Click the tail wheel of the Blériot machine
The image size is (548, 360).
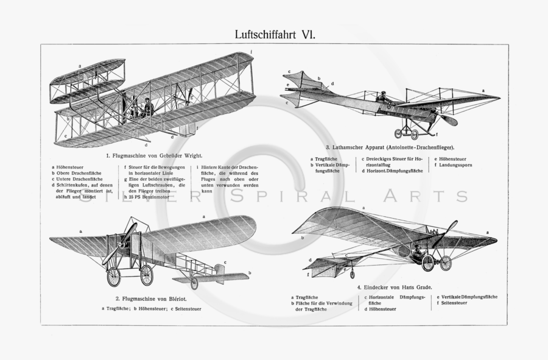(x=194, y=283)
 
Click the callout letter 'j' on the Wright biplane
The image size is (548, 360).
(x=255, y=55)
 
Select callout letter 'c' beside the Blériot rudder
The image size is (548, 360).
(x=225, y=263)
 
